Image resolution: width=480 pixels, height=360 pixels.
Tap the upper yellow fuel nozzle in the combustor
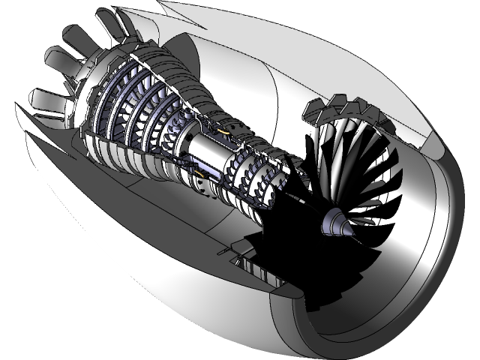coord(223,129)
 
